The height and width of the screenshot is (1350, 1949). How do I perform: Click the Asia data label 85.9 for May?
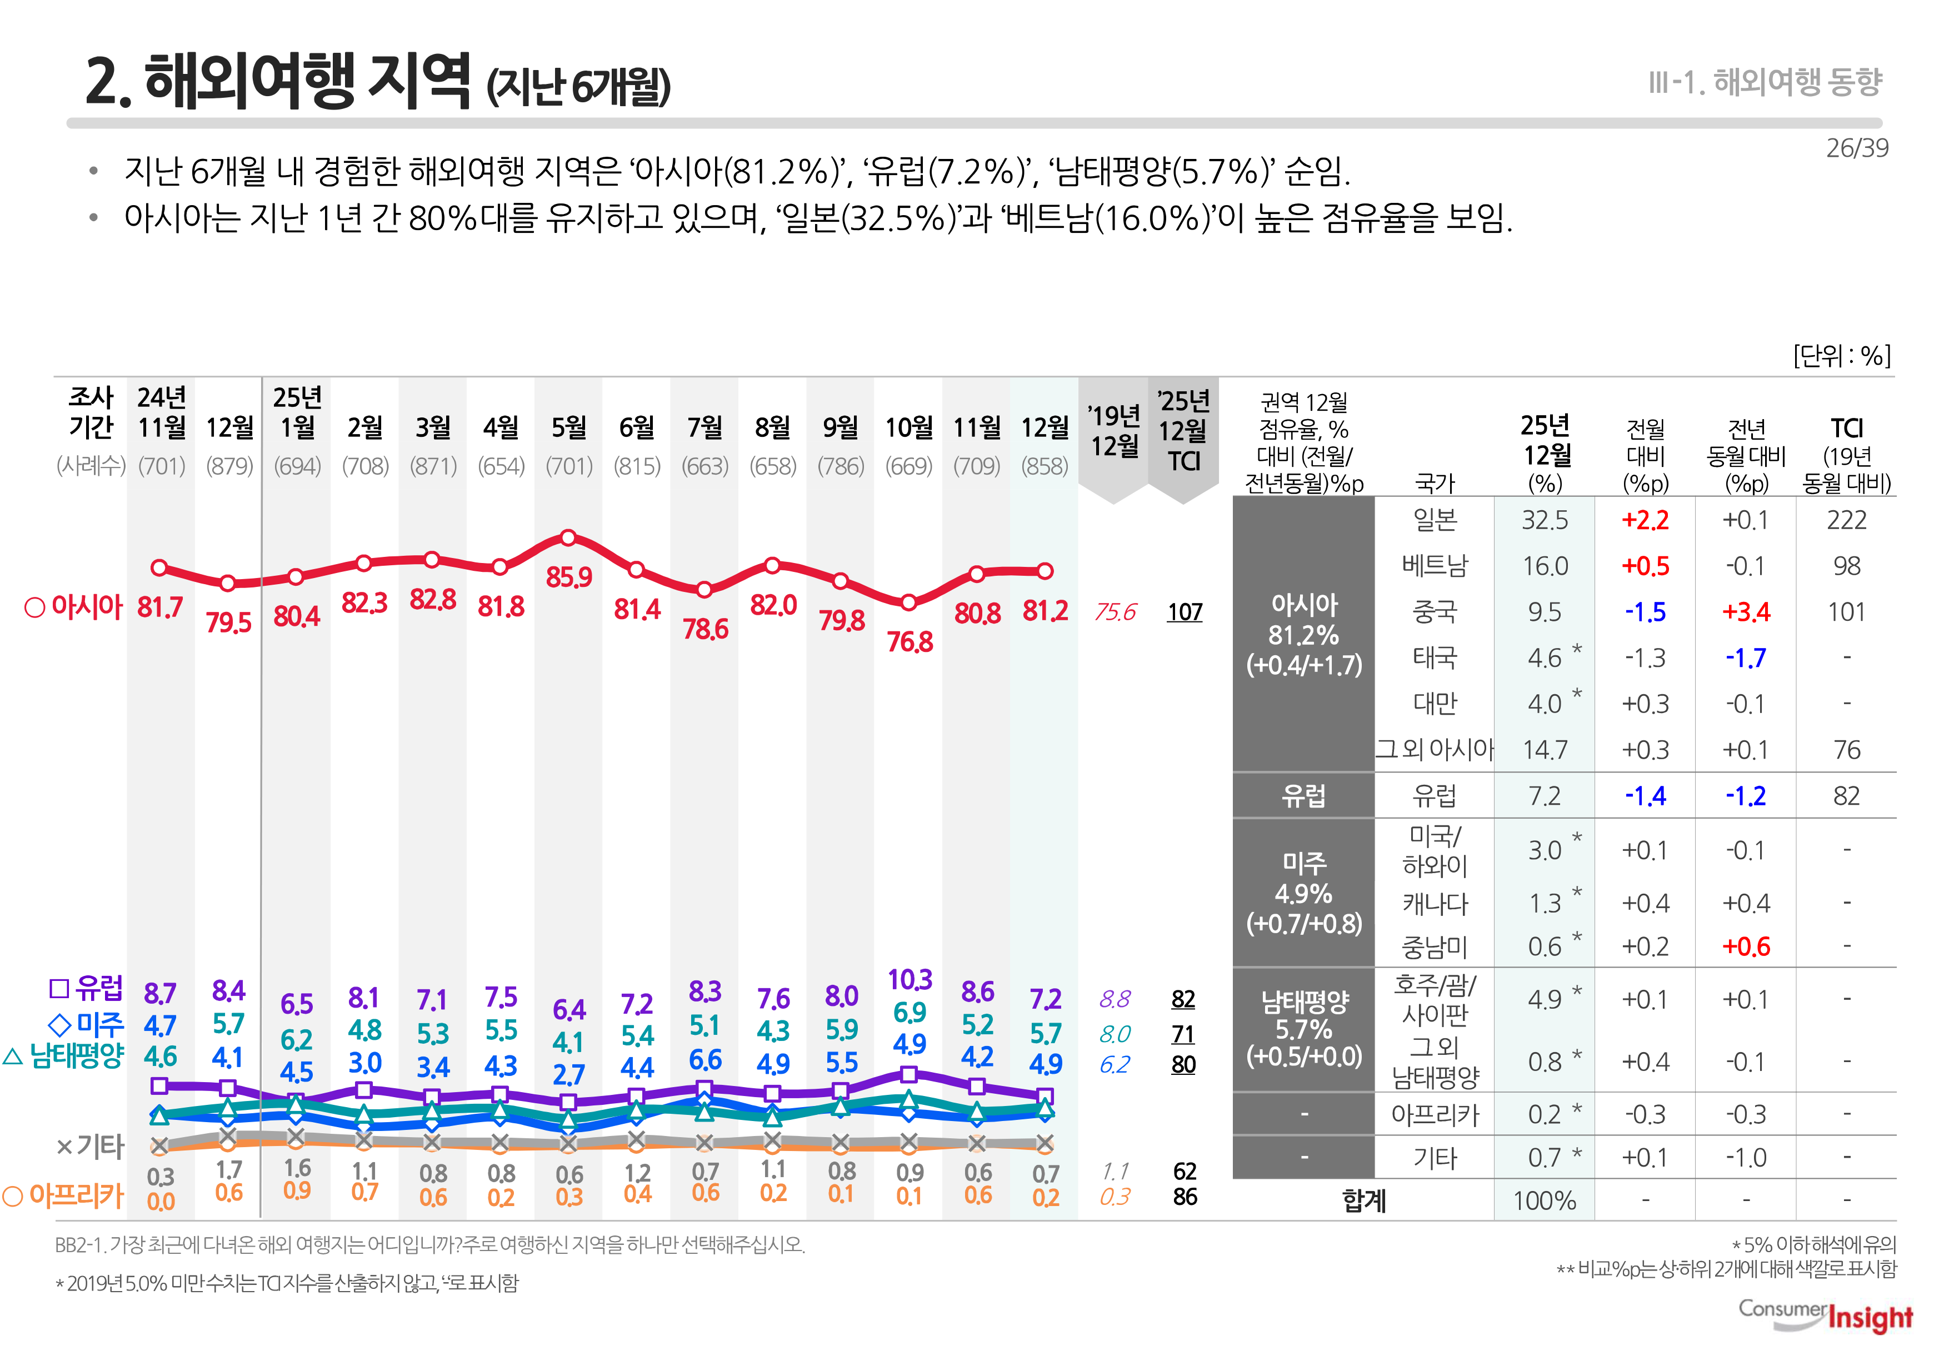pos(568,577)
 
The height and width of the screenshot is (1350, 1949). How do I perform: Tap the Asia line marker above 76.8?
pos(908,603)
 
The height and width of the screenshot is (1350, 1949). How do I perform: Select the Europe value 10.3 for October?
pos(910,979)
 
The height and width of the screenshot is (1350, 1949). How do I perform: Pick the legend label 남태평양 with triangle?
pos(76,1055)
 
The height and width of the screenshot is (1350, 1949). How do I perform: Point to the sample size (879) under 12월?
pos(229,466)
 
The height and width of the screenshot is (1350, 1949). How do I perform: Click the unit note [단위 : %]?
pos(1842,355)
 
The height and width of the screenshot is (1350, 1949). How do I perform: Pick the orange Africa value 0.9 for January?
pos(297,1191)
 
